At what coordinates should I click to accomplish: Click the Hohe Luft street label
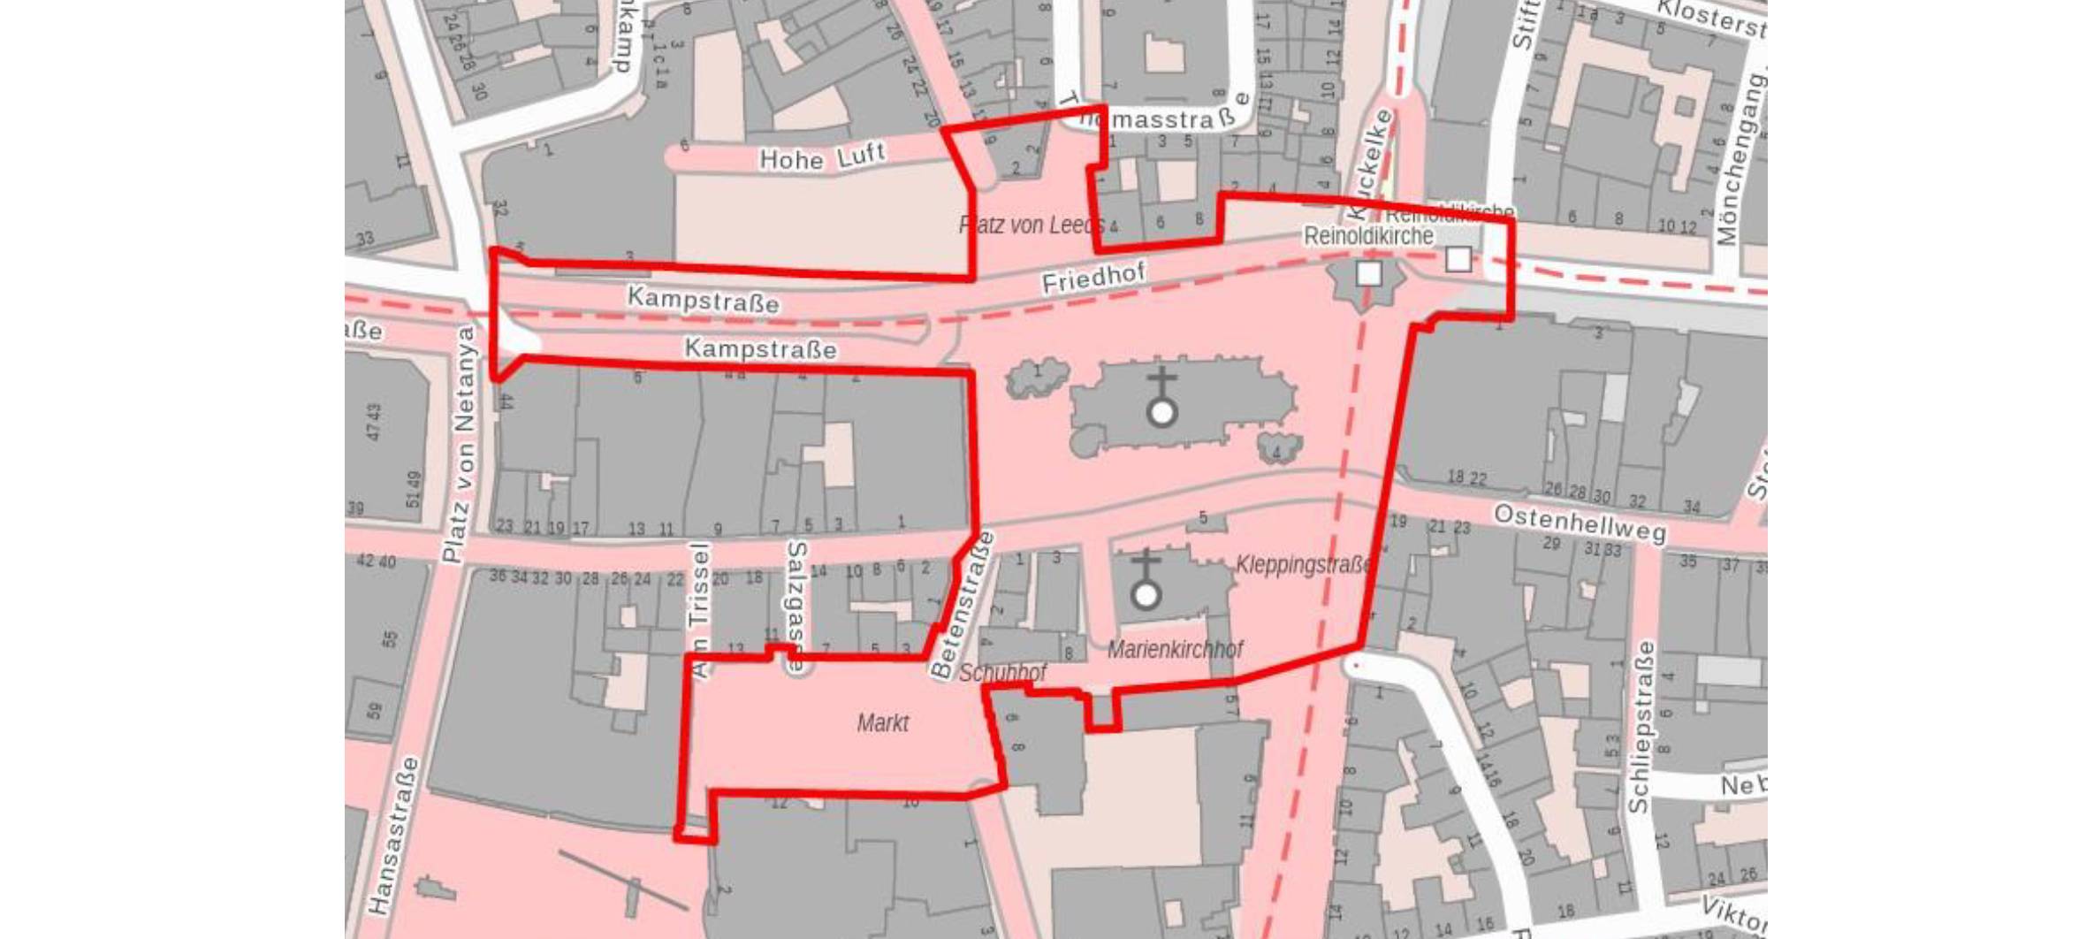822,156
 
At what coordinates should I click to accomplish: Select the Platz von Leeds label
1031,225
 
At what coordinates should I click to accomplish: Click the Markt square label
882,723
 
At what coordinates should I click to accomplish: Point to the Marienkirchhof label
1175,650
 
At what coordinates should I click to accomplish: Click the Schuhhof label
1002,673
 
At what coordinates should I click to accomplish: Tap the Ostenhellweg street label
1580,523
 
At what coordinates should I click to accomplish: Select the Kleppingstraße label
1304,564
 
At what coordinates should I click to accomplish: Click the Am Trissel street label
699,611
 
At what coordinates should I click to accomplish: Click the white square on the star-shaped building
1368,274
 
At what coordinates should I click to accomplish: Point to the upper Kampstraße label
704,299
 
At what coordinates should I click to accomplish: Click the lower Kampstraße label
760,349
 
